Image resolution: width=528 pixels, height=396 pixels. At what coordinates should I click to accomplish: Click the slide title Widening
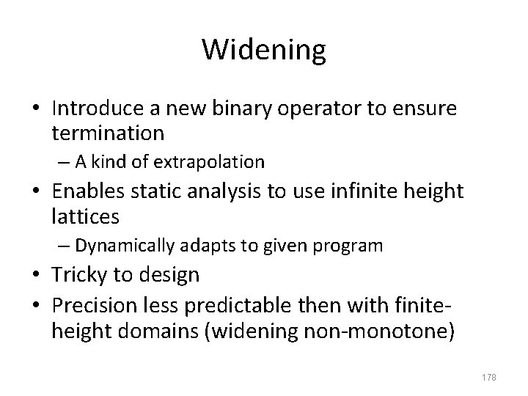(x=263, y=49)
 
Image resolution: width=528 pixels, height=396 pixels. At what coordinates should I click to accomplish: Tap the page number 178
(x=488, y=377)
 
